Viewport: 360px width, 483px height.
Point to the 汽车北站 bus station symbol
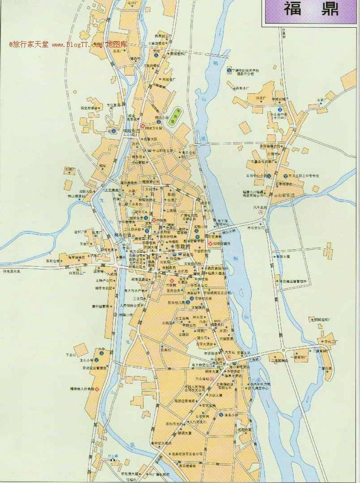261,213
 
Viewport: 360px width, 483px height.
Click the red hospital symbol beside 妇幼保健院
211,243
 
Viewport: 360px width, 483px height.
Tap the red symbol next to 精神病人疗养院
97,390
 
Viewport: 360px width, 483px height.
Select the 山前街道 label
284,195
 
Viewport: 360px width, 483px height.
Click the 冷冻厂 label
260,98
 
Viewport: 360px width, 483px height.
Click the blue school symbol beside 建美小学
221,415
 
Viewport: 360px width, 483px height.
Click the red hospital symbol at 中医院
154,220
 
